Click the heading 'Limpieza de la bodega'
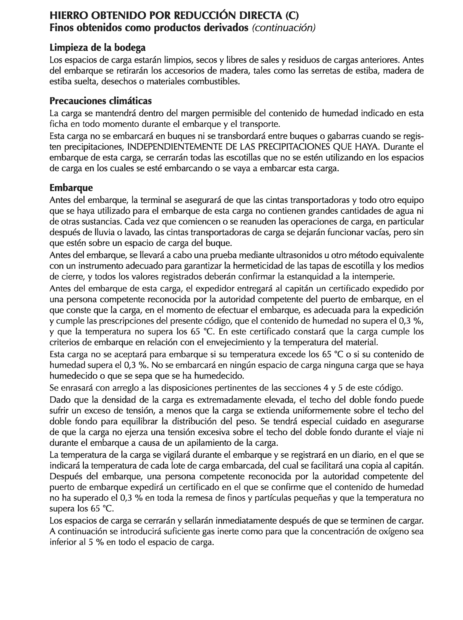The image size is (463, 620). coord(98,48)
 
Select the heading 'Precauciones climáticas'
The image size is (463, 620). coord(101,100)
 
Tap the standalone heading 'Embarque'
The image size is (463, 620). coord(71,188)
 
